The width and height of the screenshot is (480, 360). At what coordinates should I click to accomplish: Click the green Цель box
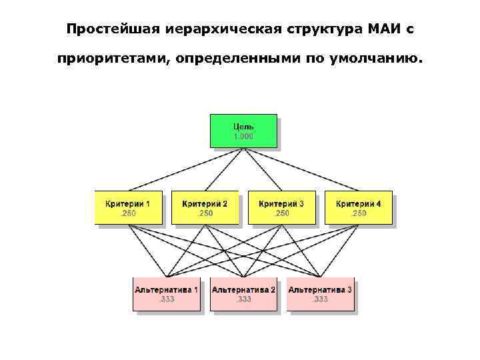[243, 131]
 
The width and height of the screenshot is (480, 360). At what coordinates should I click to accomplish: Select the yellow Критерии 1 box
[128, 207]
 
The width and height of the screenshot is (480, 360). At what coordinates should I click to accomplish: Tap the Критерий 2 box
[205, 207]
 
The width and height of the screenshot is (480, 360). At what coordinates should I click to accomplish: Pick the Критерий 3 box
[281, 207]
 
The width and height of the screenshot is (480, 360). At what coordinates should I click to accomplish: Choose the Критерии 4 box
[358, 207]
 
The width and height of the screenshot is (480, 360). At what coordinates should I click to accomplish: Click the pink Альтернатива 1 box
[166, 294]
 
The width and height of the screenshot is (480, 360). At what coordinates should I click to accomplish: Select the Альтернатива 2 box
[243, 294]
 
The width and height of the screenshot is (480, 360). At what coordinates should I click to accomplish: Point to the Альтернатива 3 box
[320, 294]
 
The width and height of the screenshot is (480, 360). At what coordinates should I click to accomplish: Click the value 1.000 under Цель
[243, 136]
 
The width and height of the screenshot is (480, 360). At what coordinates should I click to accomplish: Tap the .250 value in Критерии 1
[128, 213]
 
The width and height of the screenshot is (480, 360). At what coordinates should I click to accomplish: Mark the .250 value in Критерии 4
[359, 213]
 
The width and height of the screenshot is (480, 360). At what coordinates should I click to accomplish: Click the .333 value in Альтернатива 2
[243, 299]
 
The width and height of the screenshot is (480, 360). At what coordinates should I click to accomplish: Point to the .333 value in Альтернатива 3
[320, 299]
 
